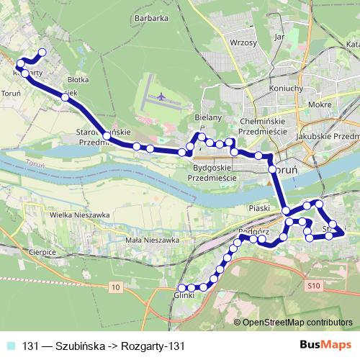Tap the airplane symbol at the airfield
pos(160,95)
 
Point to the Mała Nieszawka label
pos(150,240)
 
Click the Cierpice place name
pos(42,253)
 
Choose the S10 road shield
pos(312,287)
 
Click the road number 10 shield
pos(117,287)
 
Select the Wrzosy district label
pos(243,42)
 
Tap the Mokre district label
pos(318,104)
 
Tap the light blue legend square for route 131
pos(11,346)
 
